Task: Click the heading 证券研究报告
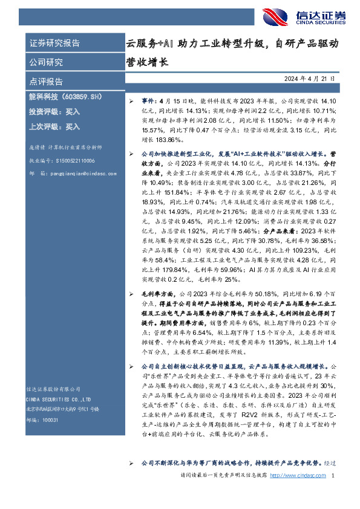click(x=54, y=44)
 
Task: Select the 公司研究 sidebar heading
click(x=46, y=62)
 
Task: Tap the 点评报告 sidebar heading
click(x=46, y=82)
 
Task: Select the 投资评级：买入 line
click(x=54, y=112)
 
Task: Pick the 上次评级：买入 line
click(x=54, y=127)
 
